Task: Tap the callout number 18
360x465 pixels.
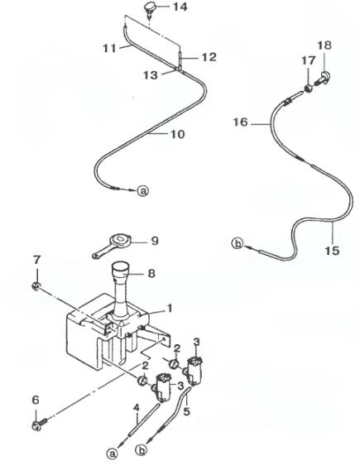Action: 324,46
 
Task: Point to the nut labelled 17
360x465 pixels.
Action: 309,88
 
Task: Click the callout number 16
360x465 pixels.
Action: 240,122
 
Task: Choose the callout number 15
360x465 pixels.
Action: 332,251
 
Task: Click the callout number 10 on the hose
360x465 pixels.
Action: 178,134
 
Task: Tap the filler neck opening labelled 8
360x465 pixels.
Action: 121,268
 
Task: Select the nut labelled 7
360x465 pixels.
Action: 36,286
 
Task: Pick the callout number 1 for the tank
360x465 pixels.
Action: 170,309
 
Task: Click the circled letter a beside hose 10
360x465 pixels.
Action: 143,190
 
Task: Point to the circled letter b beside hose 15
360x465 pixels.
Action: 237,244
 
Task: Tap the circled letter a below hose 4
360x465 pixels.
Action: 112,453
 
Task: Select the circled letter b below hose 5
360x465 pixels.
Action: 142,450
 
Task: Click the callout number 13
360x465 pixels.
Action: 151,75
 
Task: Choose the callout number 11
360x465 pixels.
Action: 109,48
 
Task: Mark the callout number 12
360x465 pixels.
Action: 209,57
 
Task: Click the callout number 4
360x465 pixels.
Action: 136,408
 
